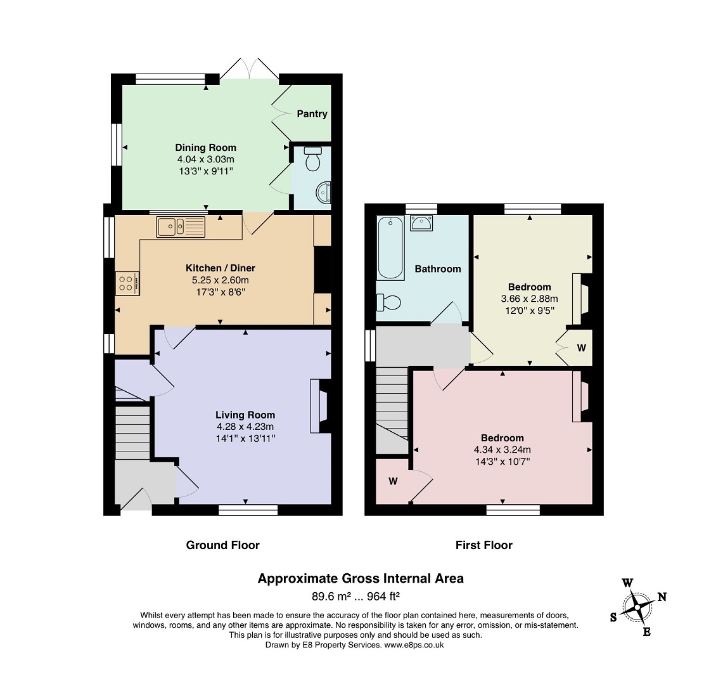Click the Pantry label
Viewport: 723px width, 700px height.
click(x=312, y=113)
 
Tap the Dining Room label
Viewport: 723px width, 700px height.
click(x=206, y=148)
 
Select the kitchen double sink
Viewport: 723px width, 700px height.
click(x=181, y=227)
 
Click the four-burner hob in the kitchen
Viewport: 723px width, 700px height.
click(x=127, y=283)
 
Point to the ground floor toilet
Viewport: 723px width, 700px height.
click(x=313, y=159)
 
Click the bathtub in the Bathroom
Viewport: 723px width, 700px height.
click(x=390, y=249)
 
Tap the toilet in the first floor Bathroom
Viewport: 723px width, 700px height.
click(x=388, y=302)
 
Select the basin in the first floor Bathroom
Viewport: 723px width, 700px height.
click(x=421, y=223)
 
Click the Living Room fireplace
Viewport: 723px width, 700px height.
click(x=319, y=406)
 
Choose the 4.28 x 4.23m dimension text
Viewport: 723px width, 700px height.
click(x=245, y=427)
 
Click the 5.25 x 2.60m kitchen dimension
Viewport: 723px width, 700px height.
click(x=221, y=280)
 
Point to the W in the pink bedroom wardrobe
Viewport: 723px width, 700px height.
click(x=393, y=481)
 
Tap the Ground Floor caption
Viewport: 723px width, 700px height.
click(x=222, y=545)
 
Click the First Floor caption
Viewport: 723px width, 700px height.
click(x=484, y=545)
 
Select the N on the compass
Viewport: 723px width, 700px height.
click(x=662, y=597)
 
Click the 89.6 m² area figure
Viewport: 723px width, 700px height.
click(x=331, y=597)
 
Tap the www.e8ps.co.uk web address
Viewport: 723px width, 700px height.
click(x=414, y=645)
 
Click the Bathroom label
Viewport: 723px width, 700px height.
click(x=438, y=269)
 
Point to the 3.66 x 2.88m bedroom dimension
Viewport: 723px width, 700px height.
click(x=529, y=299)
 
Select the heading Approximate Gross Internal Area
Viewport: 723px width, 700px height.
click(x=361, y=579)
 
